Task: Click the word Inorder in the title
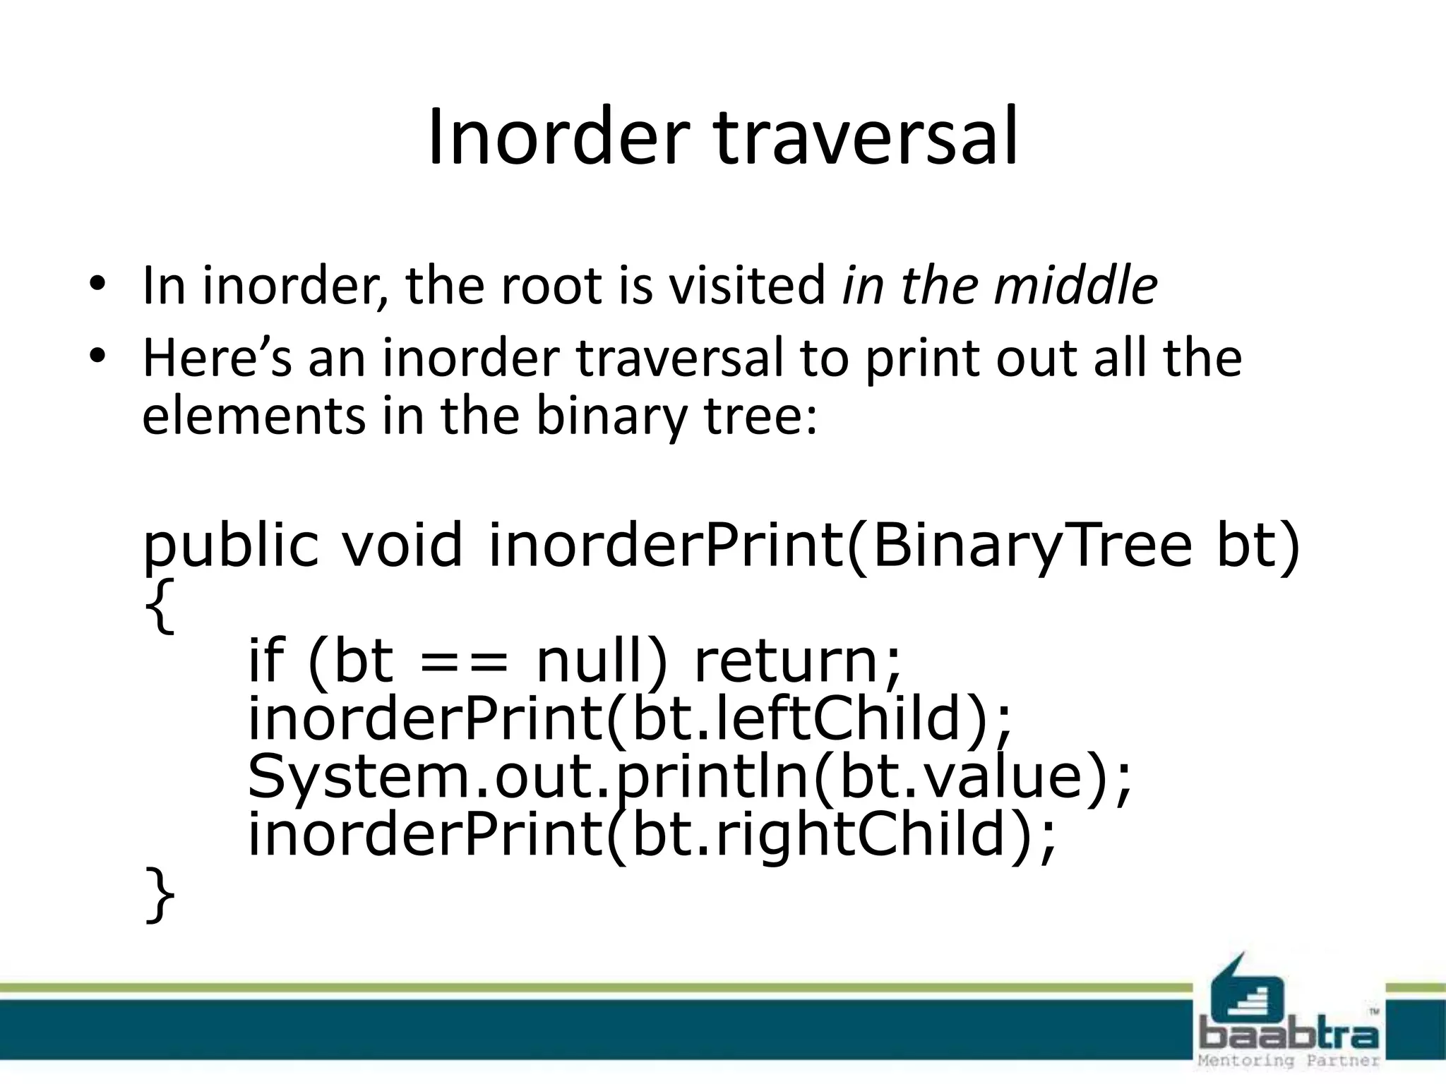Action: click(558, 138)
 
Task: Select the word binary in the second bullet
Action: click(610, 416)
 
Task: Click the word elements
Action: click(253, 416)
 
